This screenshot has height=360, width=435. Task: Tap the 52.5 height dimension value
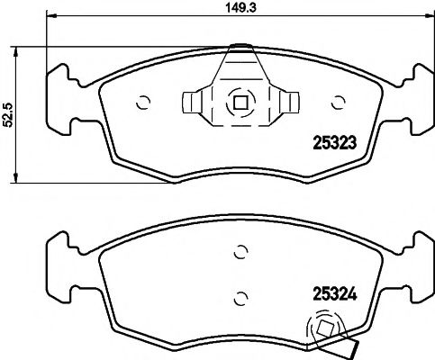tap(8, 114)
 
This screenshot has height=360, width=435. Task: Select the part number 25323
tap(330, 140)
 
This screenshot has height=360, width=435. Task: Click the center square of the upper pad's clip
tap(240, 102)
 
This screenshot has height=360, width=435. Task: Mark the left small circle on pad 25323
tap(141, 102)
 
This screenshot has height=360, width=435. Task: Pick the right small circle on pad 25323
tap(338, 102)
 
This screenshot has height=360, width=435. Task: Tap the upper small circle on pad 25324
tap(240, 253)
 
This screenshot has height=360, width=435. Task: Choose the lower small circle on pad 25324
tap(240, 295)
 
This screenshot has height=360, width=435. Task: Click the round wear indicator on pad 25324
tap(322, 328)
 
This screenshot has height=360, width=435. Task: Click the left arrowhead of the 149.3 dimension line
tap(50, 15)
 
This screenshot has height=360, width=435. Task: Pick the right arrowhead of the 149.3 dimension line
tap(429, 15)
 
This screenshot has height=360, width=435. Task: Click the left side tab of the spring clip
tap(192, 102)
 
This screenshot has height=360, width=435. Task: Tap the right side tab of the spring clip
tap(287, 102)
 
